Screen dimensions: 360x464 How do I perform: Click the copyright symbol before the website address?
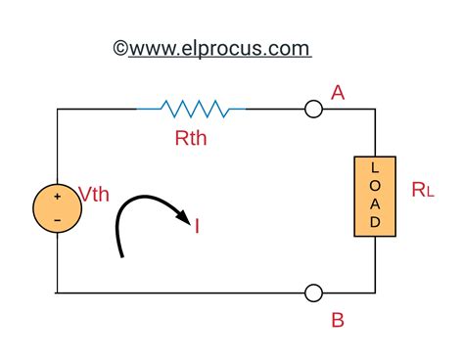[x=121, y=48]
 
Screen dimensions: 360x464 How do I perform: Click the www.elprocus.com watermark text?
[x=220, y=48]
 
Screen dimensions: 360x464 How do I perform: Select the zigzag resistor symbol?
[x=190, y=109]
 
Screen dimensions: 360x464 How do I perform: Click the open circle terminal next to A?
[x=313, y=110]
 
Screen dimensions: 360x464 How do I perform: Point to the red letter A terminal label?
[x=339, y=93]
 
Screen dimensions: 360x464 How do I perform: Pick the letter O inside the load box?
[x=375, y=187]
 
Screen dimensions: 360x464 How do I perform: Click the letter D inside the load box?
[x=375, y=222]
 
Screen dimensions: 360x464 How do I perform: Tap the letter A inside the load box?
[x=375, y=204]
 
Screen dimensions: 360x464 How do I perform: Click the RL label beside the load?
[x=423, y=191]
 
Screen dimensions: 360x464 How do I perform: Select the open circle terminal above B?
[x=313, y=292]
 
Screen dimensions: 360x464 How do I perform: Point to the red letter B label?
[x=338, y=319]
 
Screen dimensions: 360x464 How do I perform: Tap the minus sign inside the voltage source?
[x=58, y=221]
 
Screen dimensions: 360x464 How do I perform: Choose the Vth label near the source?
[x=94, y=195]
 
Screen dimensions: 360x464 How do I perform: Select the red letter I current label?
[x=198, y=228]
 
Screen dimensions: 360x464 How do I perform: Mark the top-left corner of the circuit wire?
[x=58, y=110]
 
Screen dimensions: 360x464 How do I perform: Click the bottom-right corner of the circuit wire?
[x=375, y=292]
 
